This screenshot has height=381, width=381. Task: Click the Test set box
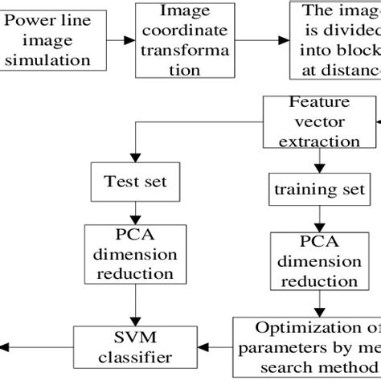[136, 182]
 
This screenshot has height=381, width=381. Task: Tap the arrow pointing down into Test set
[136, 154]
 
